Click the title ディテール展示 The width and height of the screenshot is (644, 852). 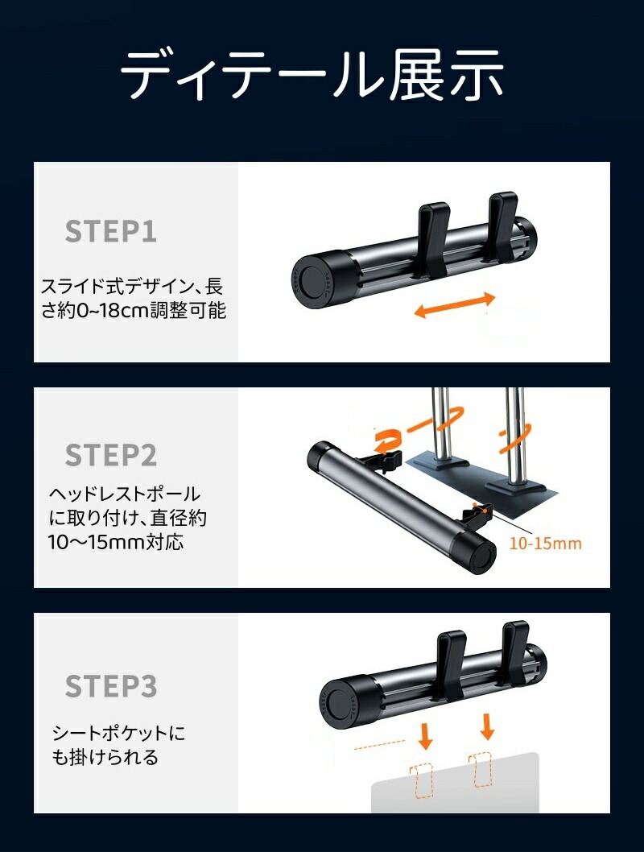(x=312, y=74)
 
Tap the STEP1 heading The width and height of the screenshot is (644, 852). (x=111, y=231)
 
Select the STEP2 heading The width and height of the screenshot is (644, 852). (x=111, y=455)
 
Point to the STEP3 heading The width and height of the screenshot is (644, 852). (x=111, y=686)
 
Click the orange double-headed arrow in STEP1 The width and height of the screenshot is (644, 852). (x=455, y=305)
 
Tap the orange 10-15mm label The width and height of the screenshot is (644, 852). (x=545, y=544)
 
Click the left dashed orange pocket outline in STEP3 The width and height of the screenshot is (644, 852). (x=421, y=781)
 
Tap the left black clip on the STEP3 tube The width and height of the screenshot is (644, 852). (x=452, y=664)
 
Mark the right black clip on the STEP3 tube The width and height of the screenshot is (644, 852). (x=515, y=654)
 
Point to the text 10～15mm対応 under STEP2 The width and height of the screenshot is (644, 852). (x=116, y=542)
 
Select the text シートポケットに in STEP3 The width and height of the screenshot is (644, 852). (x=118, y=733)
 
